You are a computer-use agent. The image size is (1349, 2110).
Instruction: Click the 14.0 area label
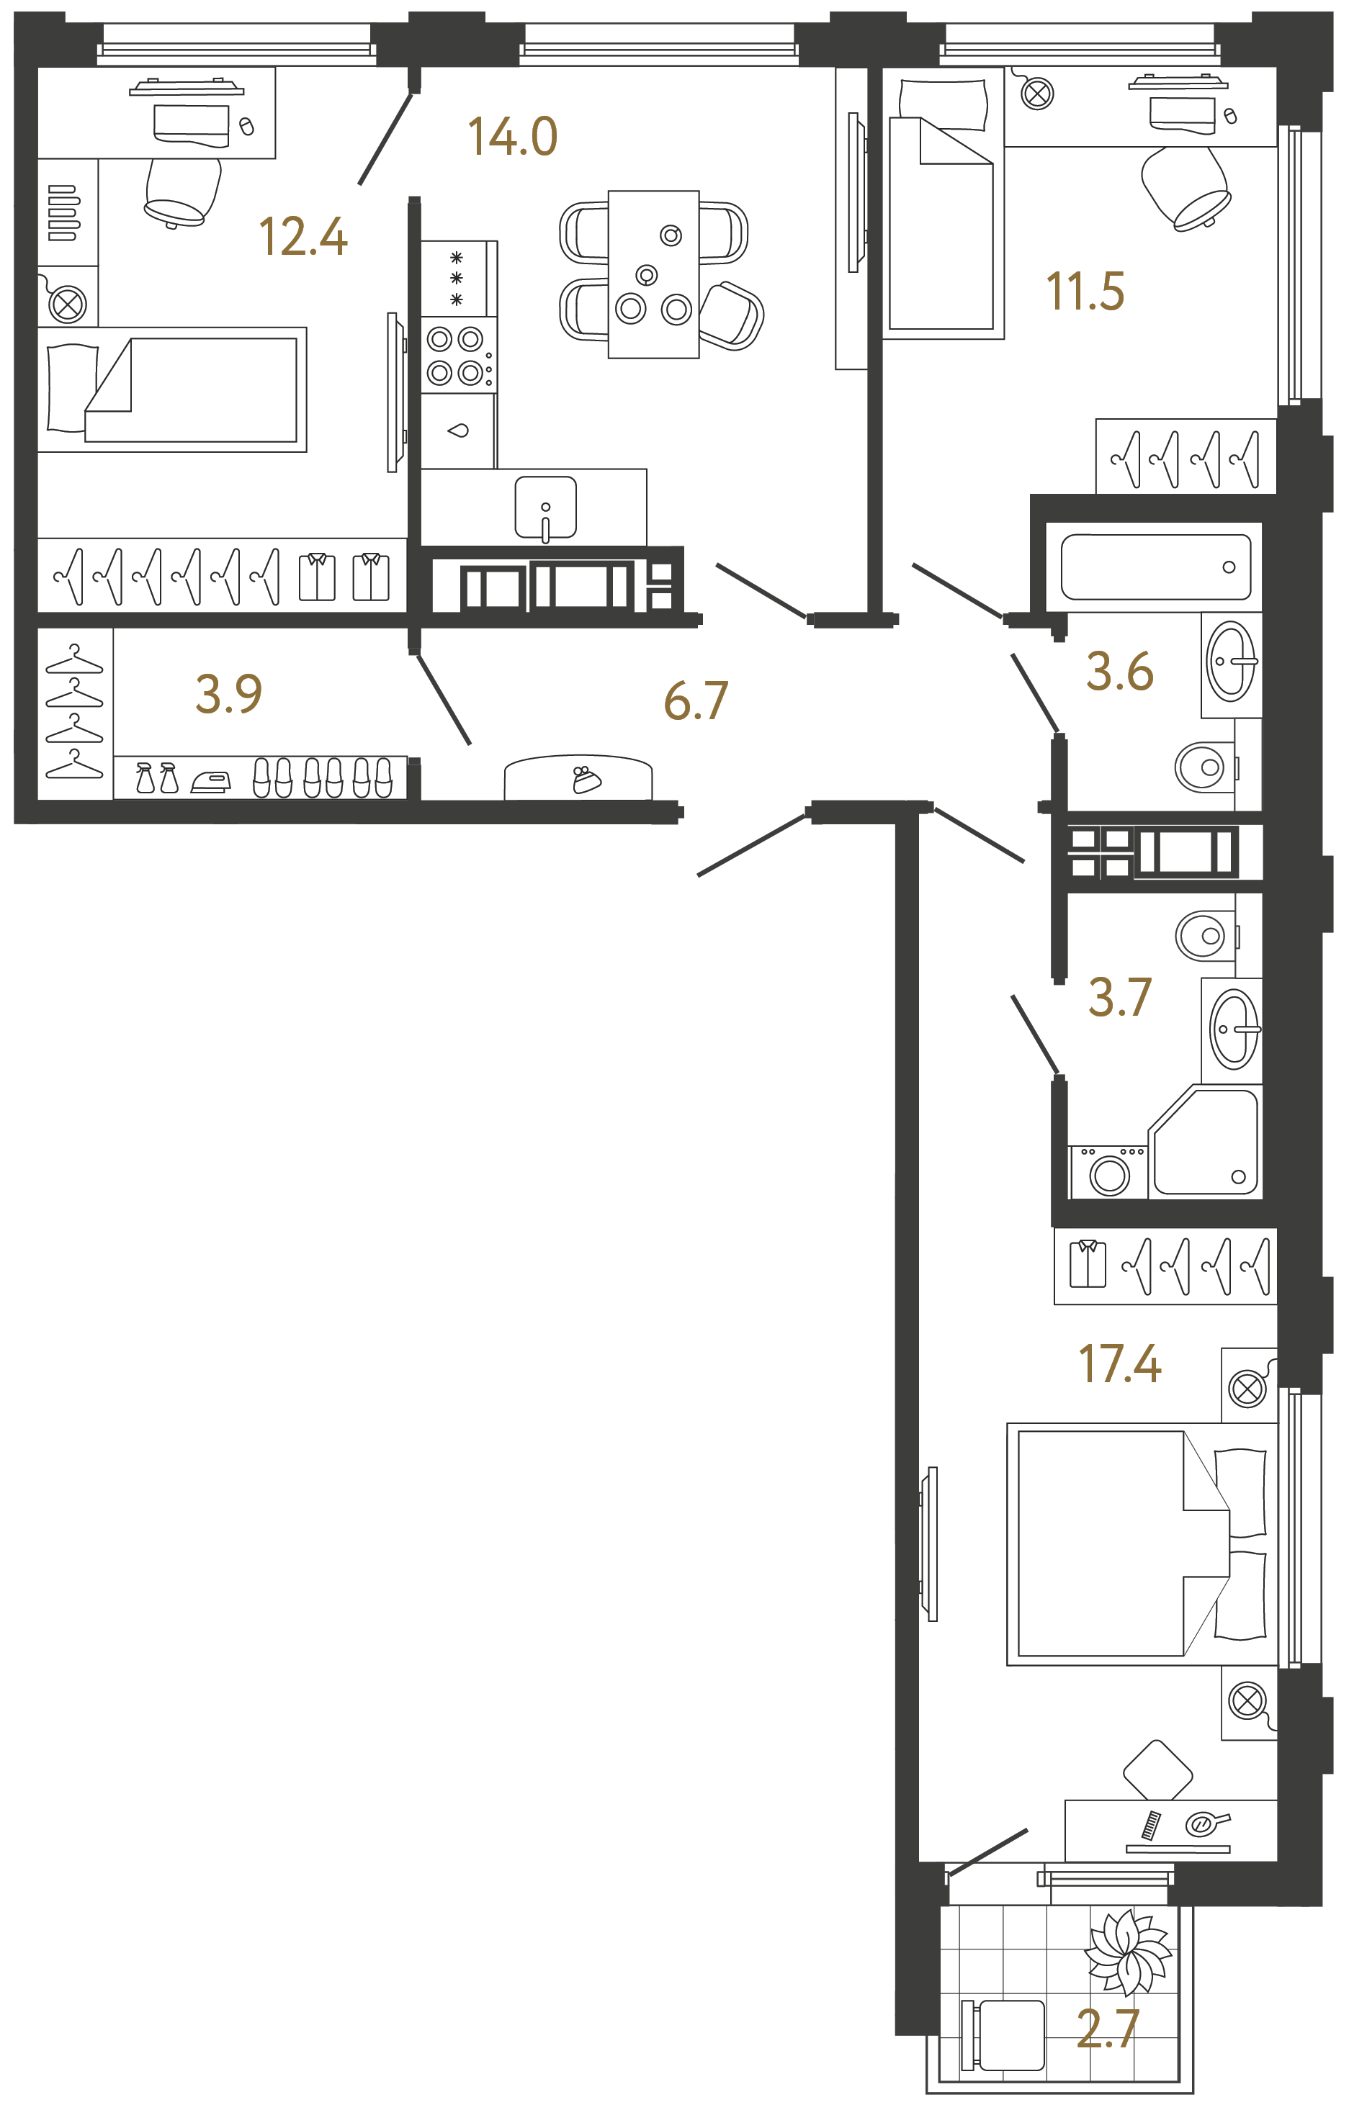coord(513,137)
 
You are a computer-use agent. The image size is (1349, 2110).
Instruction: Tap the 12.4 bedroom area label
coord(303,238)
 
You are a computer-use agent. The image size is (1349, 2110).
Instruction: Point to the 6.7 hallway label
coord(696,701)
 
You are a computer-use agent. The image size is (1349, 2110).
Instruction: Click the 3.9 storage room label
coord(229,694)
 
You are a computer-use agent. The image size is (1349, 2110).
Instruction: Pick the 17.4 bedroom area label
coord(1119,1364)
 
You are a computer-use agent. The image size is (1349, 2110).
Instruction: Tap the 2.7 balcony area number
coord(1108,2029)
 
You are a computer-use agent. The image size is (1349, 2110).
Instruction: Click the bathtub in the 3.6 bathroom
coord(1155,567)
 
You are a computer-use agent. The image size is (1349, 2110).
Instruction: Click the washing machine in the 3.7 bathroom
coord(1109,1173)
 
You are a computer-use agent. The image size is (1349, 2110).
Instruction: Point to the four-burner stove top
coord(456,356)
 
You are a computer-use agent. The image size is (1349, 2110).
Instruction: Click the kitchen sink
coord(545,508)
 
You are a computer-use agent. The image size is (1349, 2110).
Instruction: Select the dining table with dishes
coord(653,274)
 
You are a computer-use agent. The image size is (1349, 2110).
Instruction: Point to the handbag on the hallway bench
coord(586,779)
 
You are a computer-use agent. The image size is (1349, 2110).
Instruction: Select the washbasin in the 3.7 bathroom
coord(1233,1029)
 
